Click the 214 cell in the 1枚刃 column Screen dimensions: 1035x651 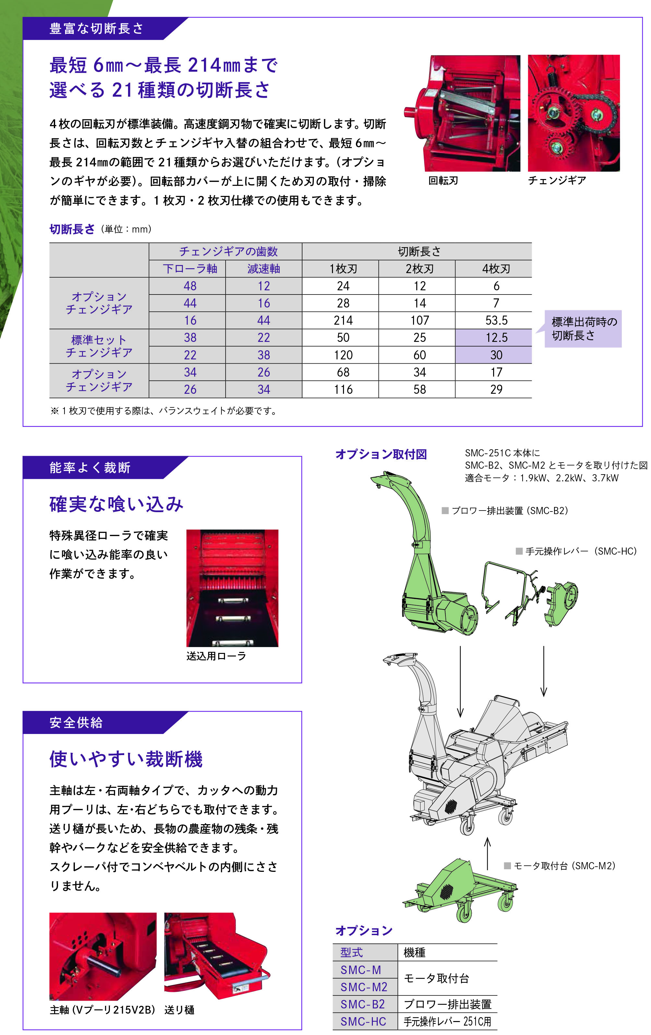pyautogui.click(x=343, y=320)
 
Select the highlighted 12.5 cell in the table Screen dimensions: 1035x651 pyautogui.click(x=496, y=337)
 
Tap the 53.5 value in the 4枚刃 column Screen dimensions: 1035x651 pyautogui.click(x=496, y=320)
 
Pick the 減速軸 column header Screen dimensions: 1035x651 pyautogui.click(x=263, y=269)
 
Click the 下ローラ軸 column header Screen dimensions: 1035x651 pyautogui.click(x=190, y=269)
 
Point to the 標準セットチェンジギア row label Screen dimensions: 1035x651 pyautogui.click(x=99, y=346)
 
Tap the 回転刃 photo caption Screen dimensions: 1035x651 pyautogui.click(x=443, y=181)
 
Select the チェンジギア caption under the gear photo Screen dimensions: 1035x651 pyautogui.click(x=556, y=181)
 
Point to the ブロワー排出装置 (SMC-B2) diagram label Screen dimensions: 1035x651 pyautogui.click(x=509, y=511)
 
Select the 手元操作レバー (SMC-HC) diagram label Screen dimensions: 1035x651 pyautogui.click(x=580, y=551)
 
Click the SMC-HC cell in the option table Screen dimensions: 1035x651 pyautogui.click(x=363, y=1022)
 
